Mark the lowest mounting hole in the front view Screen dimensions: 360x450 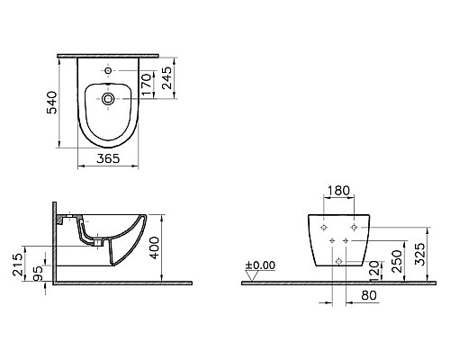tap(338, 259)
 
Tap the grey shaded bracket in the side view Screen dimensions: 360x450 tap(60, 219)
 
